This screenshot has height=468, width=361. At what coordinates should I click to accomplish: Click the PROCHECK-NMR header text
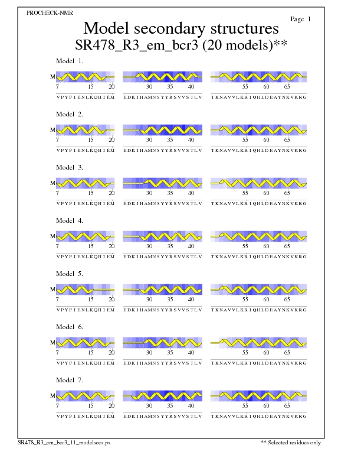coord(50,12)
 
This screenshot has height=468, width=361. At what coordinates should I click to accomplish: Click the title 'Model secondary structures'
coord(180,28)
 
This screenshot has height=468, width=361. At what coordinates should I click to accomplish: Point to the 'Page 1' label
coord(301,19)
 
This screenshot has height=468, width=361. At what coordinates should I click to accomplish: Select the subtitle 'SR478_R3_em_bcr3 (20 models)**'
coord(181,45)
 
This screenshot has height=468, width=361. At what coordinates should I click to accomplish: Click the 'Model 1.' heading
coord(70,61)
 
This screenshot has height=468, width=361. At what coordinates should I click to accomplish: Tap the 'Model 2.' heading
coord(70,114)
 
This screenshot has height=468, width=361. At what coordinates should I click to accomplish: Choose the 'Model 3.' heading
coord(70,167)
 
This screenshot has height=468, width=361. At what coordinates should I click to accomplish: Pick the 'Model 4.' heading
coord(70,220)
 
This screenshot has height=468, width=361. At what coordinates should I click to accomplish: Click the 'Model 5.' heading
coord(70,274)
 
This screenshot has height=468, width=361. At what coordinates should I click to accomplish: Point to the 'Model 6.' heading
coord(70,327)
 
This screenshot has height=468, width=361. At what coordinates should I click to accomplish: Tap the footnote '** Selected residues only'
coord(291,443)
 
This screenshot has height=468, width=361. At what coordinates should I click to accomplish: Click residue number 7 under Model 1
coord(57,87)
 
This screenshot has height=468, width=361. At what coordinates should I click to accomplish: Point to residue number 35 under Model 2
coord(170,140)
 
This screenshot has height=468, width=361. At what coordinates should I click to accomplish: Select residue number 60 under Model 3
coord(266,193)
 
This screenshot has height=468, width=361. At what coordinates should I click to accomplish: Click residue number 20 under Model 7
coord(111,406)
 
